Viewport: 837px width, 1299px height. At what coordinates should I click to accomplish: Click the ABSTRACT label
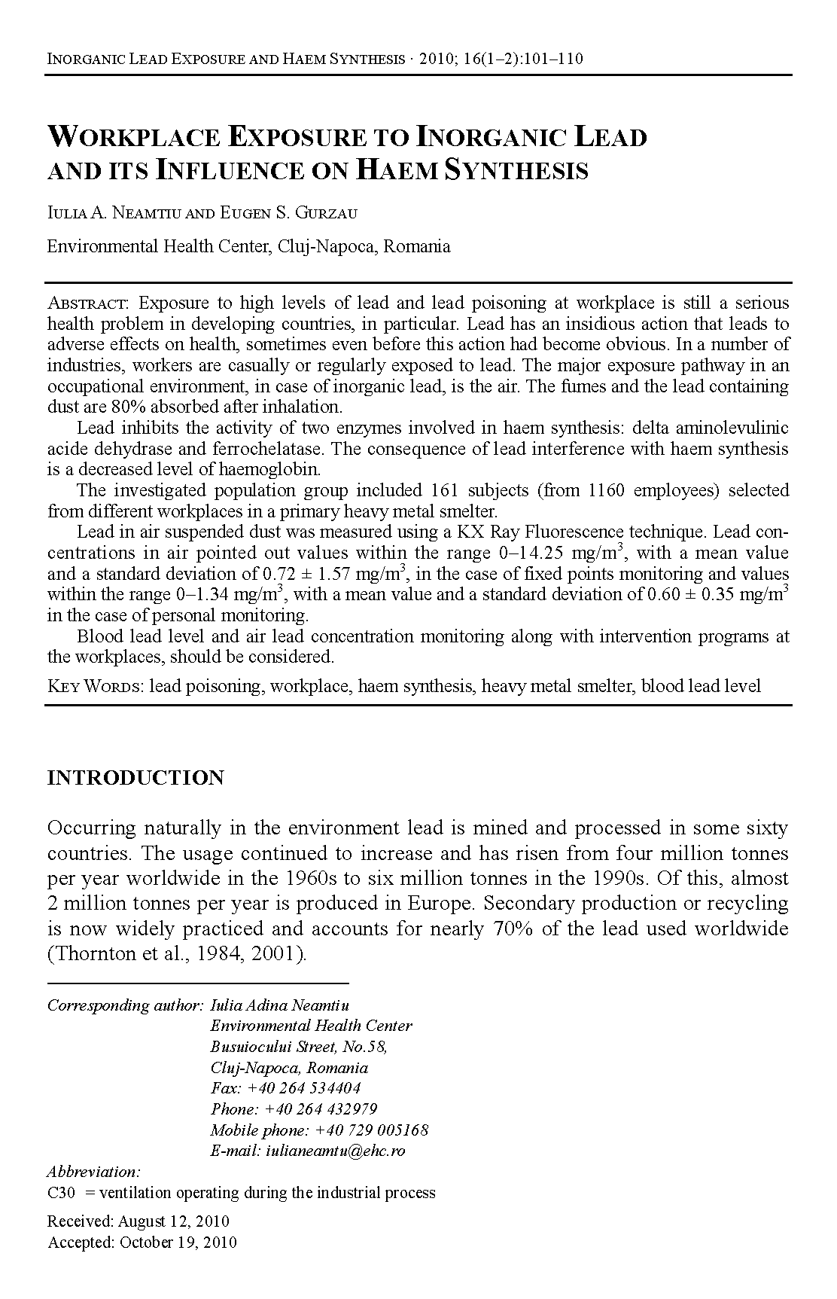pyautogui.click(x=89, y=303)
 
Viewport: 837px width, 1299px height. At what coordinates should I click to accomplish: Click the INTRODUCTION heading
pyautogui.click(x=135, y=778)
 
